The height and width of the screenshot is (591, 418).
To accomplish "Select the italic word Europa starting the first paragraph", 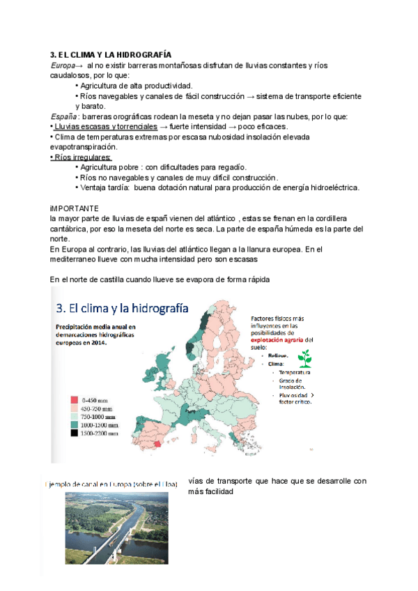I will point(63,65).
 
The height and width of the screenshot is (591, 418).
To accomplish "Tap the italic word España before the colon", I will point(64,116).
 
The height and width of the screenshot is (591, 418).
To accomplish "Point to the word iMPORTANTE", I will point(75,208).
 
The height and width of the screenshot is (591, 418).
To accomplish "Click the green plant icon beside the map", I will point(304,358).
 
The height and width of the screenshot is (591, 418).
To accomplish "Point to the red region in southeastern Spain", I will point(157,443).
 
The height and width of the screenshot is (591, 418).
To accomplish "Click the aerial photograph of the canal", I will point(116,527).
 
